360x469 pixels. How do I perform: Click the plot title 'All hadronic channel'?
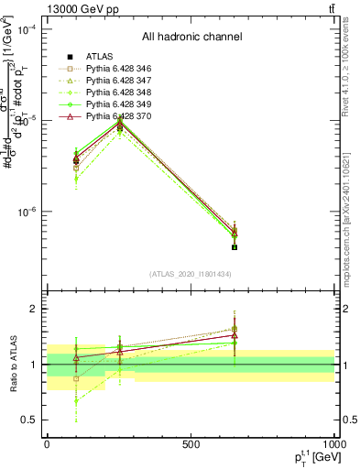coord(191,37)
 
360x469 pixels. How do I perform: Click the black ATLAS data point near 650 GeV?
coord(235,247)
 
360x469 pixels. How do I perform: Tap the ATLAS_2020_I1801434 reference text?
coord(191,274)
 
